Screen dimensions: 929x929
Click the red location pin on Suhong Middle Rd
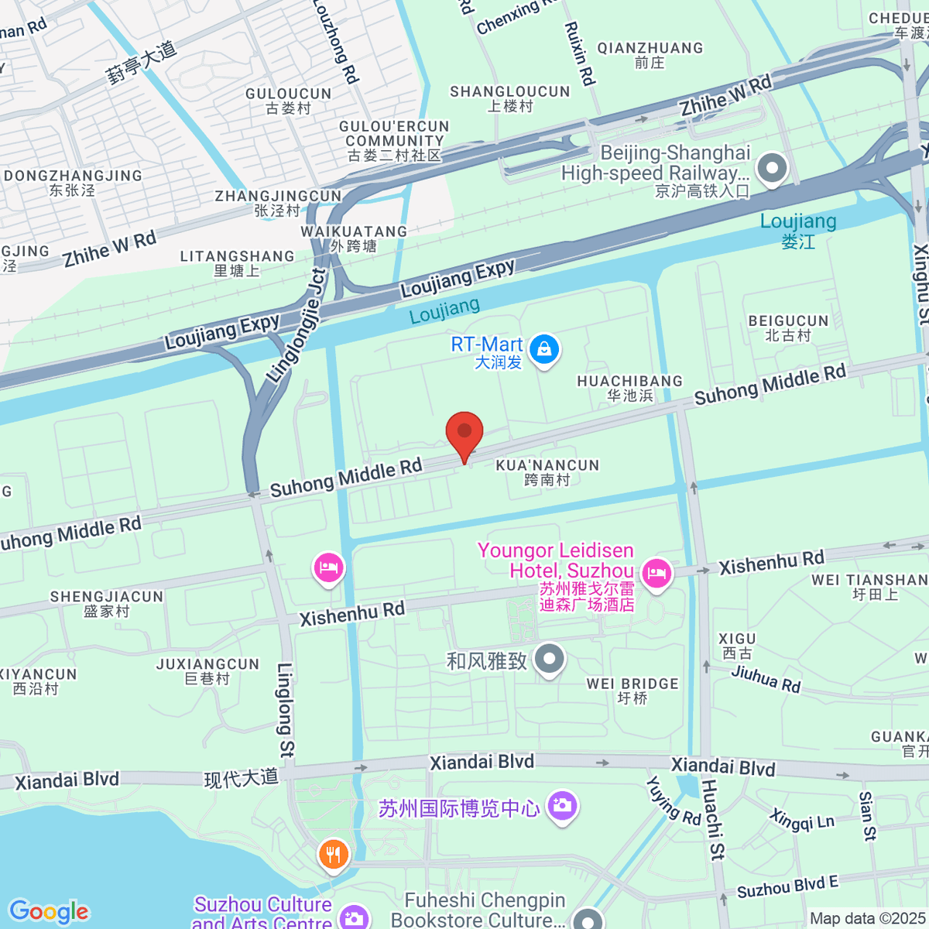click(464, 432)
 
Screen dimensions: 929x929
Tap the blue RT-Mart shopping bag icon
click(545, 349)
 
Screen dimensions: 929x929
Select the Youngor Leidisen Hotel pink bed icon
click(656, 574)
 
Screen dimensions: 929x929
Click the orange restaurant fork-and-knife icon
click(334, 855)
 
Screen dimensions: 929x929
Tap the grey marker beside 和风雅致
click(550, 660)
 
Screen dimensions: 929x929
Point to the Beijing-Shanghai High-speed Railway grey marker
click(772, 168)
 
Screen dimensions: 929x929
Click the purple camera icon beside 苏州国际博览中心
click(562, 805)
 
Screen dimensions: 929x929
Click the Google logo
click(49, 912)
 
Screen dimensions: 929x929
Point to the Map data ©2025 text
click(867, 919)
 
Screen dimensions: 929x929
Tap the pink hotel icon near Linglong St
click(328, 567)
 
